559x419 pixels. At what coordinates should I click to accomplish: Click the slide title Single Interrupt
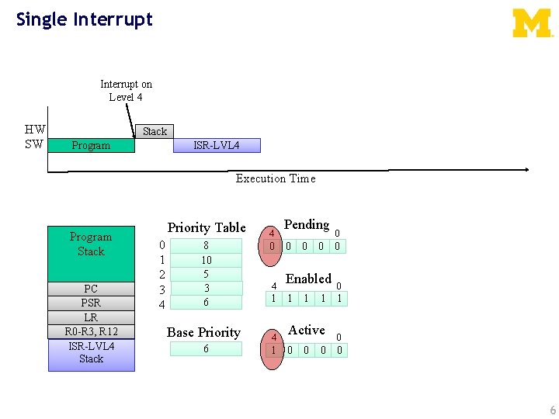coord(85,19)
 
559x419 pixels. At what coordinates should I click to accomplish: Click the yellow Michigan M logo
coord(533,23)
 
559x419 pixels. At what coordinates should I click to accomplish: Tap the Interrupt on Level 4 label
coord(126,90)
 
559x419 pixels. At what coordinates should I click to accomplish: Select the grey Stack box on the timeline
coord(155,131)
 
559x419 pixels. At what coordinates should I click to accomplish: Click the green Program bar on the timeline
coord(91,145)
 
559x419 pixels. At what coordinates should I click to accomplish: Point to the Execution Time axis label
coord(276,178)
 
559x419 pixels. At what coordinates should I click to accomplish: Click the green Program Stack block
coord(91,253)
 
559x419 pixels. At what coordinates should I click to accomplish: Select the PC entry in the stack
coord(91,289)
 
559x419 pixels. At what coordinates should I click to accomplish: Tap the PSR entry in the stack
coord(91,303)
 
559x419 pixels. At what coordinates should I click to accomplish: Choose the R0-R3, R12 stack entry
coord(91,332)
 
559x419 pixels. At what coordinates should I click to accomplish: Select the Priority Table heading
coord(207,227)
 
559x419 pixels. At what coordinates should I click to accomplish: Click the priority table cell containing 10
coord(207,260)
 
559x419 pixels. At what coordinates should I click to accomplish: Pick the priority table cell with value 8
coord(207,245)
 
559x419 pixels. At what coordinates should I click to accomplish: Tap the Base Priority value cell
coord(206,349)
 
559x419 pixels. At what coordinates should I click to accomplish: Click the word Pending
coord(307,224)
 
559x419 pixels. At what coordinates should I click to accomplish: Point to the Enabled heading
coord(308,279)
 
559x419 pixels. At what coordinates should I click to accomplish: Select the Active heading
coord(307,330)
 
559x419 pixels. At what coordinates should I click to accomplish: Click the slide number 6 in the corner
coord(552,410)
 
